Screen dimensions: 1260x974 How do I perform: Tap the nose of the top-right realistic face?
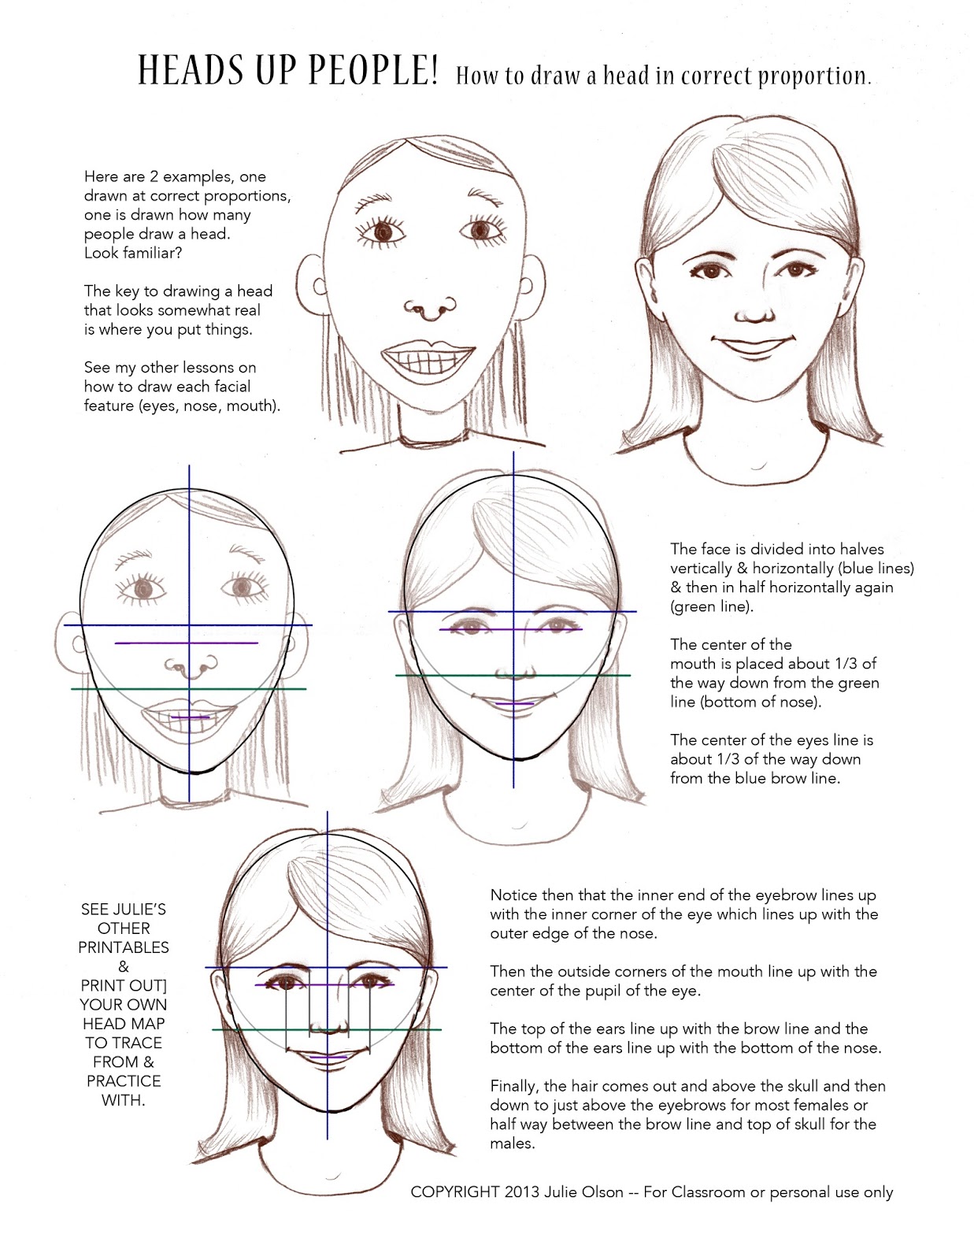point(754,313)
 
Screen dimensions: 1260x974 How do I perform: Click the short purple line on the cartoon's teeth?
point(190,717)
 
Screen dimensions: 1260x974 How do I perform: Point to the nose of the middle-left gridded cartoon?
point(190,669)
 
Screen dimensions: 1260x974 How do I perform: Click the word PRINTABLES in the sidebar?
point(124,947)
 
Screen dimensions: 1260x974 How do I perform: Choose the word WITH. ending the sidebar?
point(124,1100)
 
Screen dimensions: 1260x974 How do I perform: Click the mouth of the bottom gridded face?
point(328,1054)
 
